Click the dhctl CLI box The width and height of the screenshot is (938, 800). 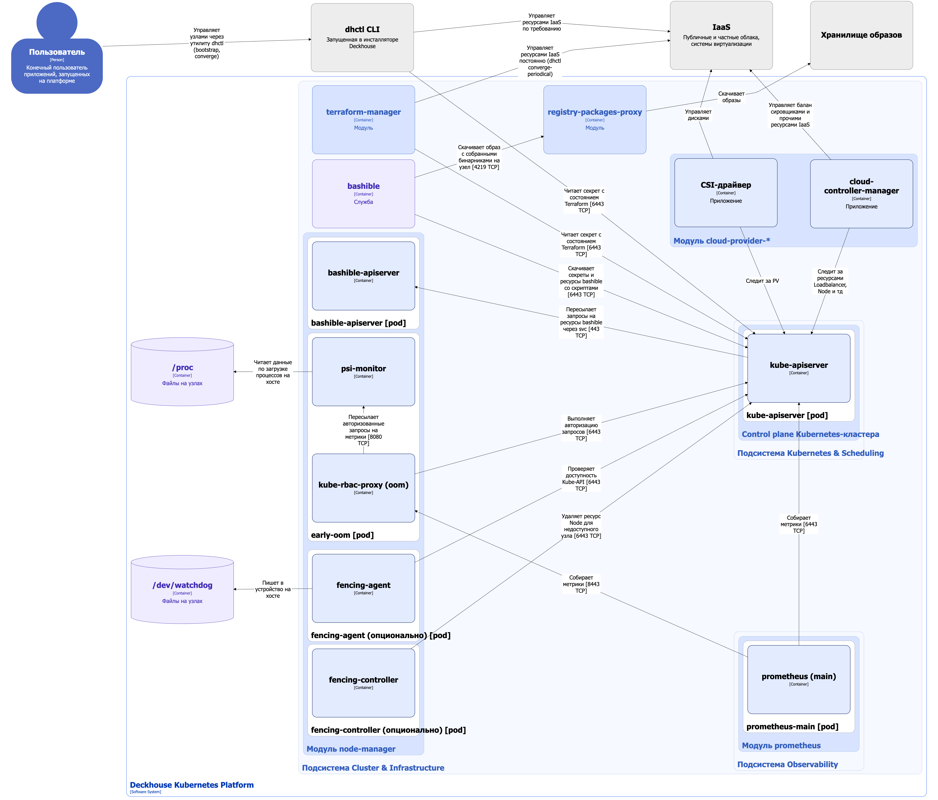362,38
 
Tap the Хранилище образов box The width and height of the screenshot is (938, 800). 861,35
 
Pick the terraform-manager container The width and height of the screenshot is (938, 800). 363,119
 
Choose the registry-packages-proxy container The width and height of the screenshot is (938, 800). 594,119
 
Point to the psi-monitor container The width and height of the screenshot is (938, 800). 363,371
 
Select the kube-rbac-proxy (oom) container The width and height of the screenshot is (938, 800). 363,488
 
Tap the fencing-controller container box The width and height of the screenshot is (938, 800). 363,683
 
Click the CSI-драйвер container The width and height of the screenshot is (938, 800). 726,192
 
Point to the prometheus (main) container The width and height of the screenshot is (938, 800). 798,680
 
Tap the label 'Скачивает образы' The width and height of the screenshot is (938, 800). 731,97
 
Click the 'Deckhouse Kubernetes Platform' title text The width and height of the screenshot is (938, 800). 191,785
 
